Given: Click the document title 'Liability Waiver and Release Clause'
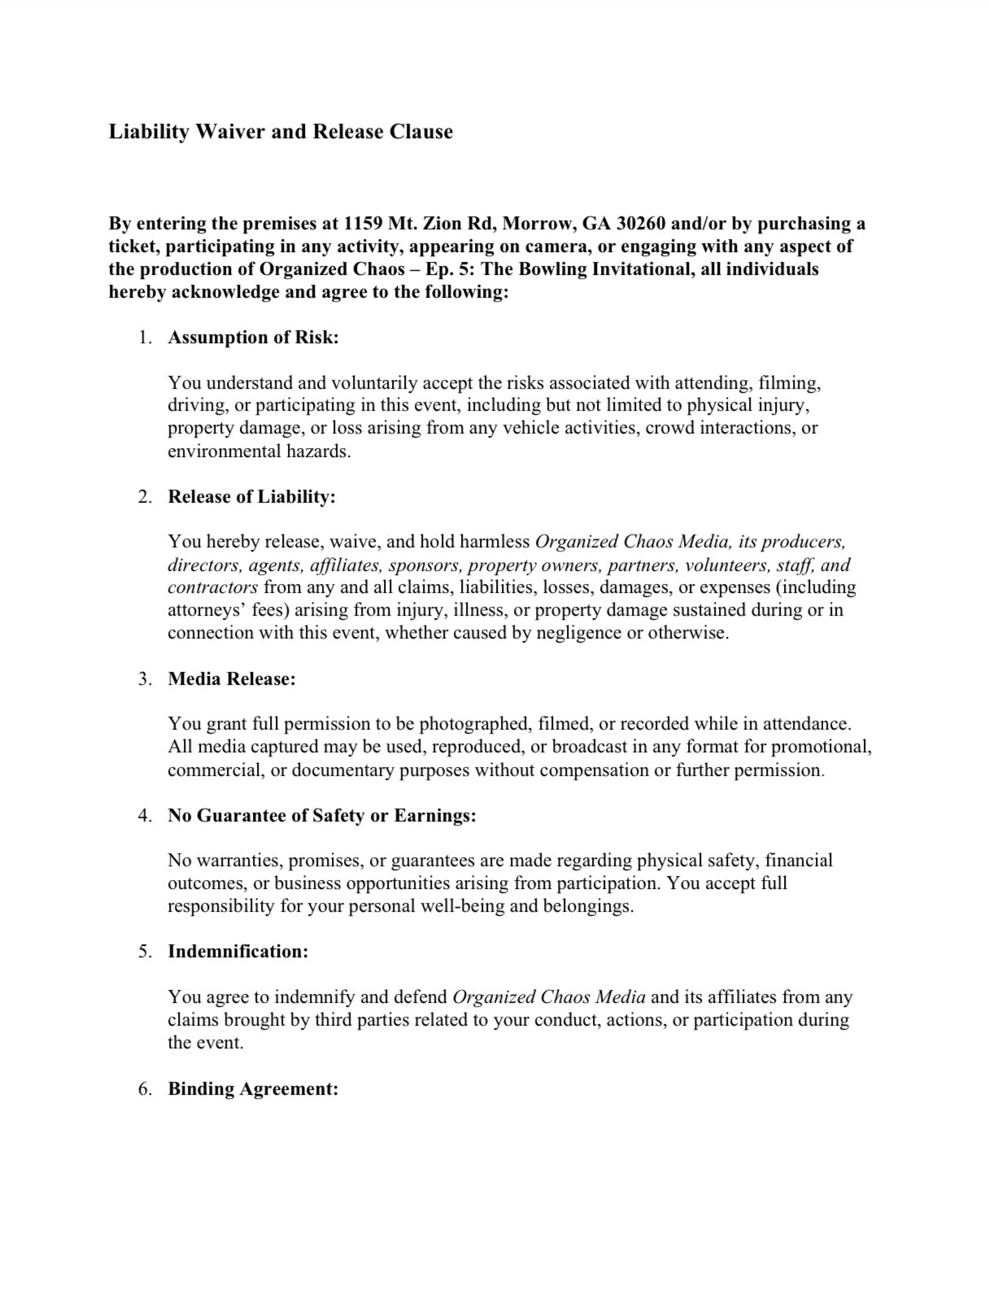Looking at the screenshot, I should coord(281,132).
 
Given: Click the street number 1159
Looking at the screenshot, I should coord(363,224).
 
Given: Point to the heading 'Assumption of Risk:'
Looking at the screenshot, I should coord(253,338).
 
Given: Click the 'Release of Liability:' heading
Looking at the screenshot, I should coord(251,497).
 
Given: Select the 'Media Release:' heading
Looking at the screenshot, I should coord(232,679).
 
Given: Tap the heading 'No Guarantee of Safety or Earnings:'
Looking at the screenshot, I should coord(322,816).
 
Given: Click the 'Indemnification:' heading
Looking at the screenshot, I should coord(238,952).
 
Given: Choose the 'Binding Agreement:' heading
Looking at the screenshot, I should coord(253,1089).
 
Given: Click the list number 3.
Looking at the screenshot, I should coord(145,679).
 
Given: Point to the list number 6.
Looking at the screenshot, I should coord(145,1089).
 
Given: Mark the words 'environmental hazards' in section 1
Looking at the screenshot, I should coord(259,451).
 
